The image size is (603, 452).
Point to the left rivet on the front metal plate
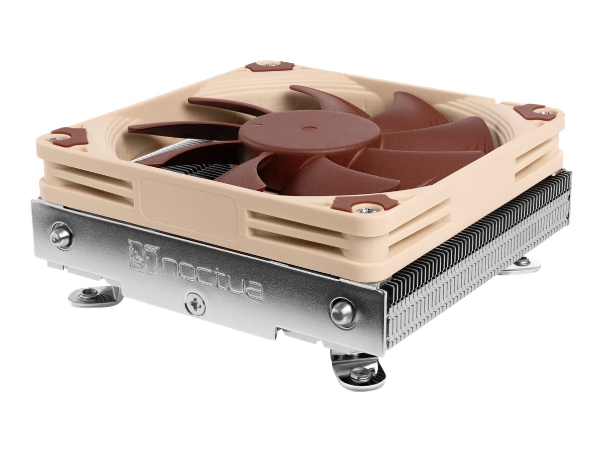click(61, 235)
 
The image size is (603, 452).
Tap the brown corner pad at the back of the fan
click(269, 66)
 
